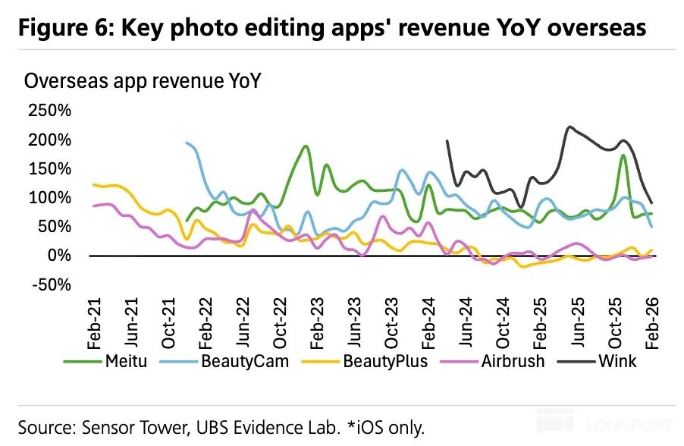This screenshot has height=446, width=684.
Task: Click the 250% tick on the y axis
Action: click(49, 111)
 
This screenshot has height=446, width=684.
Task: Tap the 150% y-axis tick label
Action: click(49, 168)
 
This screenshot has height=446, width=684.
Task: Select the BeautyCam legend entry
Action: click(245, 361)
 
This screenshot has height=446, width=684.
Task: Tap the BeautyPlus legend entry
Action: click(385, 361)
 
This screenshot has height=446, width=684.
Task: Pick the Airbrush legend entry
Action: click(513, 361)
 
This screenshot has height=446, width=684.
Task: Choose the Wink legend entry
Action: click(617, 361)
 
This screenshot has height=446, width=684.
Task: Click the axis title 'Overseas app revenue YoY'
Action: click(143, 81)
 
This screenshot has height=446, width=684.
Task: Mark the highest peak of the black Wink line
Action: click(569, 127)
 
